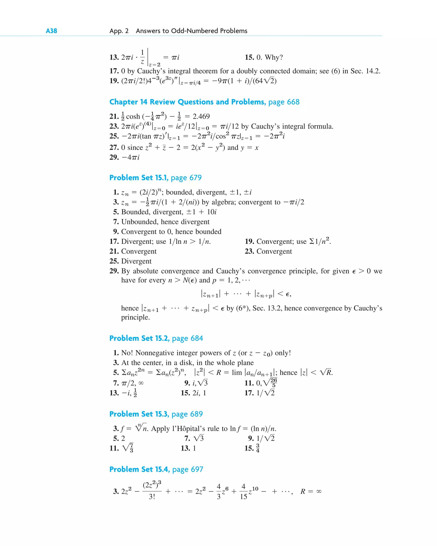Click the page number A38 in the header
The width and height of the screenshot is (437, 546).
(51, 31)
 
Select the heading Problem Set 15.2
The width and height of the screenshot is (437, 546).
(139, 338)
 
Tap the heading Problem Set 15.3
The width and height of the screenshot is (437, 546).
(139, 414)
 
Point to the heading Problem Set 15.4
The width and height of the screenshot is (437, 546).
(139, 469)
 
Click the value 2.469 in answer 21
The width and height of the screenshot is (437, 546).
(201, 116)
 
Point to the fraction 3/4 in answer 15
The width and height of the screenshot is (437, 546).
(258, 448)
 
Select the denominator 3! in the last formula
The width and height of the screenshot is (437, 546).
(152, 497)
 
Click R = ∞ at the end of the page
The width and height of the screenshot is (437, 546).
(311, 492)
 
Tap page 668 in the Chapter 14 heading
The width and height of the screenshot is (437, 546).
(284, 102)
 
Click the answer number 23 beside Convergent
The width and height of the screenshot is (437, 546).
(249, 252)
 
